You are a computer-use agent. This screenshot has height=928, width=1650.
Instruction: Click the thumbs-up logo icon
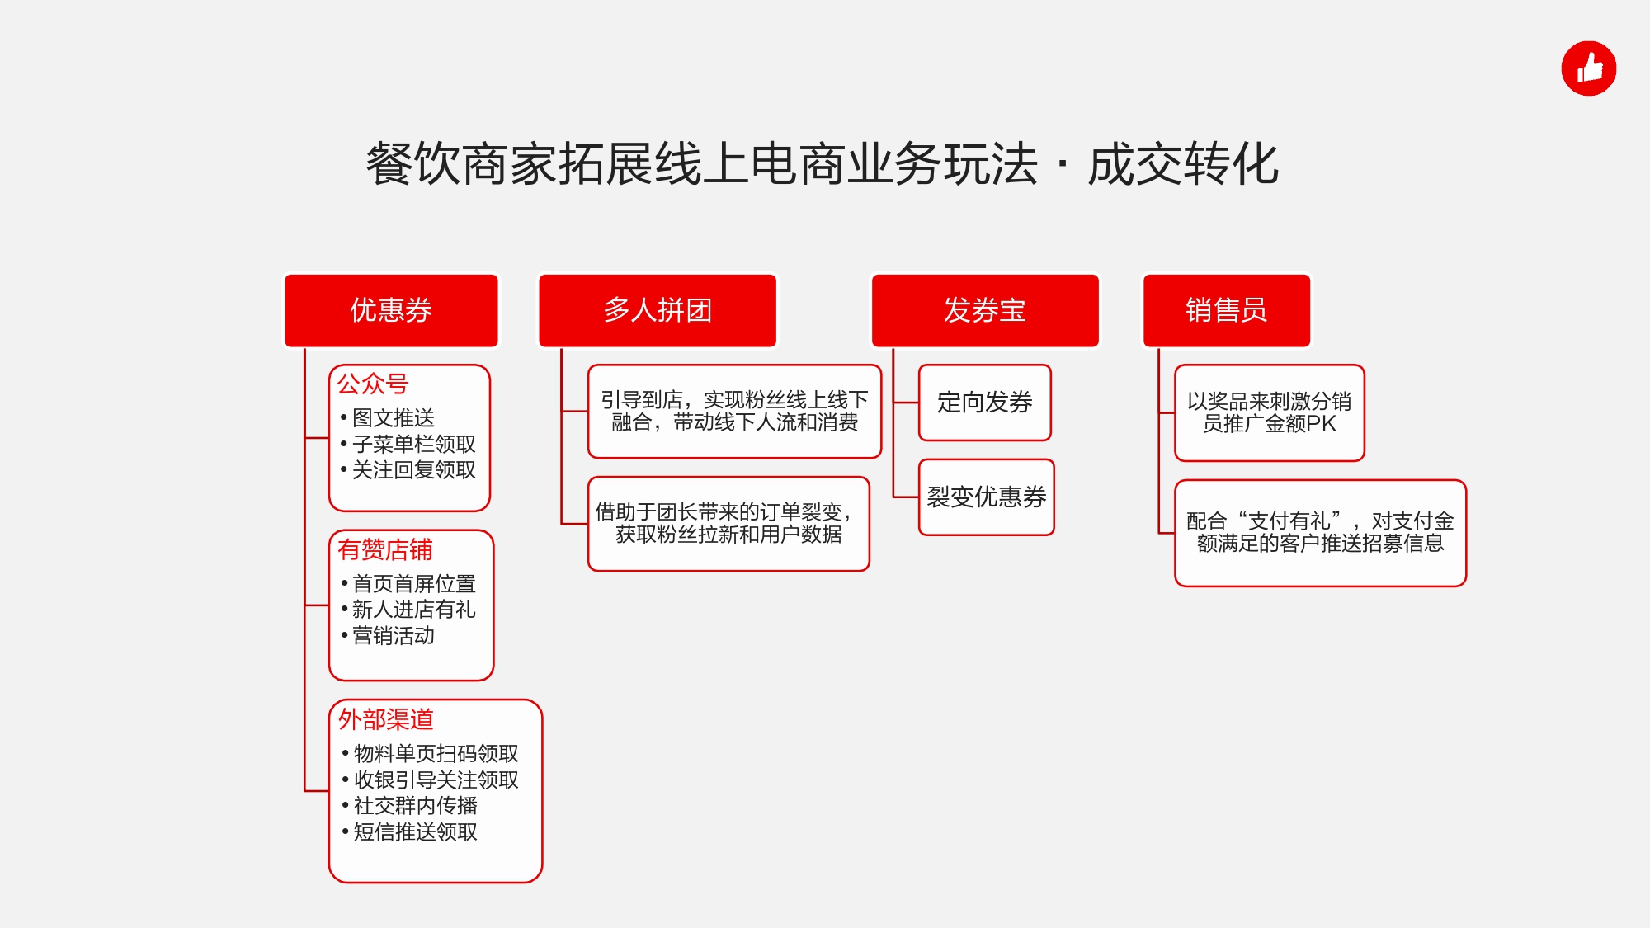(x=1588, y=68)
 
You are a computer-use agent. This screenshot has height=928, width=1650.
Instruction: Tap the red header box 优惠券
(x=391, y=310)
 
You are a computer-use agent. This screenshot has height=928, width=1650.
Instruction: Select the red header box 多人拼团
(x=658, y=310)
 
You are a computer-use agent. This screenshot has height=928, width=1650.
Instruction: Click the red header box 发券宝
(x=985, y=310)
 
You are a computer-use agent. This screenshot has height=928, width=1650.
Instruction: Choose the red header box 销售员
(x=1226, y=310)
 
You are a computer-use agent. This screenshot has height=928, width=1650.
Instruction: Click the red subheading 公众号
(x=373, y=384)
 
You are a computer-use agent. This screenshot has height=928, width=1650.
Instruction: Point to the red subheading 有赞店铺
(x=385, y=549)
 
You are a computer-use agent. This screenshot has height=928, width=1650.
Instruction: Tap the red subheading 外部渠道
(x=386, y=719)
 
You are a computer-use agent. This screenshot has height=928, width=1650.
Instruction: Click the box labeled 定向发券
(x=985, y=403)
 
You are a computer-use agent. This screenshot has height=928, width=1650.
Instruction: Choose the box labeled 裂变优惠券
(x=987, y=497)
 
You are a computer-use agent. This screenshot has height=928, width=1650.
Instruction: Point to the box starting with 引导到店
(x=734, y=412)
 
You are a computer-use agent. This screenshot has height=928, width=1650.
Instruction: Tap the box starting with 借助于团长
(x=728, y=524)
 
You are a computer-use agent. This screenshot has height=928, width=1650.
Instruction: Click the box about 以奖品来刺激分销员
(x=1270, y=412)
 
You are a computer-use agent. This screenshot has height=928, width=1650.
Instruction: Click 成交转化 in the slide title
(x=1184, y=164)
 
